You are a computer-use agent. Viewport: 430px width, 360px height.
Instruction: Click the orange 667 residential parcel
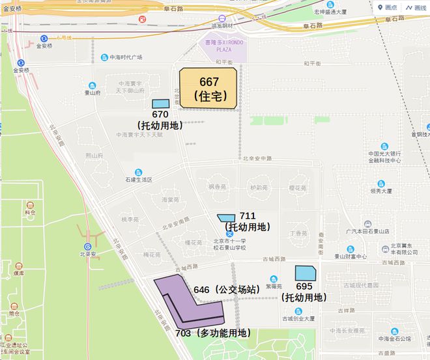[209, 88]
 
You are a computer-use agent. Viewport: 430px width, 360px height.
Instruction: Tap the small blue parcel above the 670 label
[160, 104]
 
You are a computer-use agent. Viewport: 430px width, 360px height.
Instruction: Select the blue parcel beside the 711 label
[226, 217]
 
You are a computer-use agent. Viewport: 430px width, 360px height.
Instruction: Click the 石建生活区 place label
[138, 179]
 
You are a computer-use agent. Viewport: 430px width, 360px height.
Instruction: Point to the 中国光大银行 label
[384, 154]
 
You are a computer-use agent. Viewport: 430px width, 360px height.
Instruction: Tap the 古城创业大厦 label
[299, 318]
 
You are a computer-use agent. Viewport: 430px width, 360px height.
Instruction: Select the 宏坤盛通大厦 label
[332, 12]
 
